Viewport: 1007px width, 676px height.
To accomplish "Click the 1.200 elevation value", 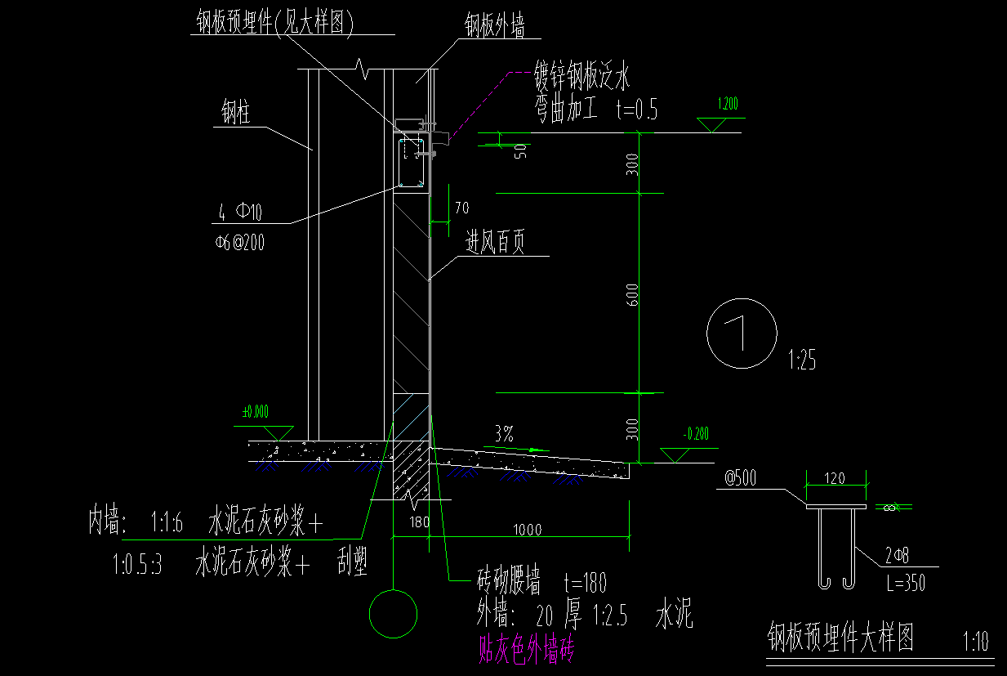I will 727,105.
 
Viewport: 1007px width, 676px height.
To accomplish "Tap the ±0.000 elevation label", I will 256,412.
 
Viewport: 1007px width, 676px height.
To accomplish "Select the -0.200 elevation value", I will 697,433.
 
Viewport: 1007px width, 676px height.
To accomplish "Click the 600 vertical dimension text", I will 633,295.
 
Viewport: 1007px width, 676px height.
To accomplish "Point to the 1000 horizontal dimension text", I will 527,530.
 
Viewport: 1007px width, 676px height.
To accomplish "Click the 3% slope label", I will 504,435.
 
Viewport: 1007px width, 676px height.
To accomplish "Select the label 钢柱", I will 236,114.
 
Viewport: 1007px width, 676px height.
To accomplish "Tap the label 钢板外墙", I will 494,26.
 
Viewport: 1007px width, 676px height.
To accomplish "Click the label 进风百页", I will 495,243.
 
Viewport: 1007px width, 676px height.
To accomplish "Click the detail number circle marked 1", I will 742,333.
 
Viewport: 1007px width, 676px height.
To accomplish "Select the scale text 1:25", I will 802,360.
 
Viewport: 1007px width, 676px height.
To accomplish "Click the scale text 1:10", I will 976,639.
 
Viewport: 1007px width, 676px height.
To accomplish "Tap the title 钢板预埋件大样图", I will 840,637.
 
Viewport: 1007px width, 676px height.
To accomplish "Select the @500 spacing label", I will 742,478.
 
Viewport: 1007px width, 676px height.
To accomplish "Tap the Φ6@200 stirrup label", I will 239,243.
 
